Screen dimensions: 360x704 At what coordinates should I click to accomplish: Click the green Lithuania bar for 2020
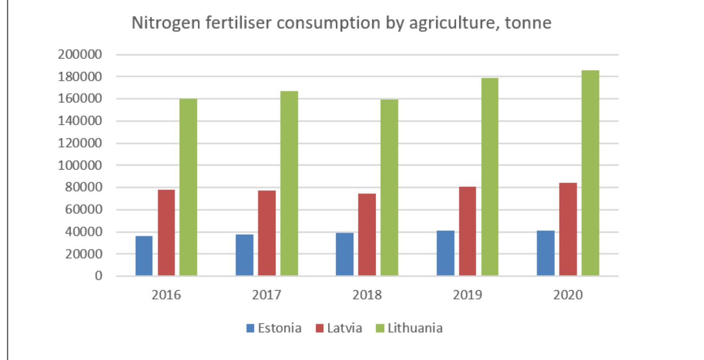click(590, 173)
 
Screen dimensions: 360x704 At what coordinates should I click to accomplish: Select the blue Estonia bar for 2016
click(144, 256)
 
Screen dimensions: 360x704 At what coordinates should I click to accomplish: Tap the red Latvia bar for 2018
click(367, 235)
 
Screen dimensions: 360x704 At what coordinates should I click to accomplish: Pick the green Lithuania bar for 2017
click(289, 183)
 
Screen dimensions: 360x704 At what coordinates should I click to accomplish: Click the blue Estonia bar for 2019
click(445, 253)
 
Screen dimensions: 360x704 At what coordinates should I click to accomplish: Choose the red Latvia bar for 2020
click(568, 229)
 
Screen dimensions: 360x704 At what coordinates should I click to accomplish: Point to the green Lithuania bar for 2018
click(389, 188)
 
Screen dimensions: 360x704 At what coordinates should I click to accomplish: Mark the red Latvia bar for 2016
click(166, 233)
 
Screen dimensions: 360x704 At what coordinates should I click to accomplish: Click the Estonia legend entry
click(274, 328)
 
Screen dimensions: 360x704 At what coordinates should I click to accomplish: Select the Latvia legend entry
click(339, 328)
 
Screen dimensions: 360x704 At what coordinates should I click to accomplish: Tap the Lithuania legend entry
click(409, 328)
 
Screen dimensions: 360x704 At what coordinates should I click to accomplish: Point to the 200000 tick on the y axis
click(80, 55)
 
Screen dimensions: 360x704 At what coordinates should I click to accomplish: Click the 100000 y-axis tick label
click(80, 165)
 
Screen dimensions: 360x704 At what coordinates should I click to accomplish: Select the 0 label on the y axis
click(98, 276)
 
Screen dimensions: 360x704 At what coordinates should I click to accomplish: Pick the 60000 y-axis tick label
click(83, 209)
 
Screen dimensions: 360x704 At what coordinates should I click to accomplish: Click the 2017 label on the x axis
click(266, 295)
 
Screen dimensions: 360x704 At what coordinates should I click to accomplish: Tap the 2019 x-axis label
click(467, 295)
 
